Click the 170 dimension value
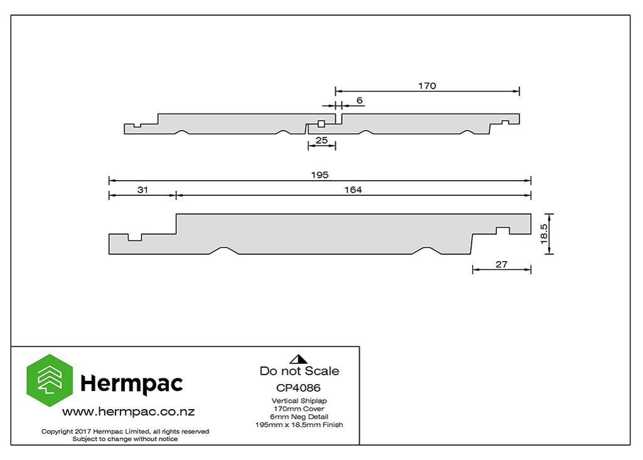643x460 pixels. click(427, 86)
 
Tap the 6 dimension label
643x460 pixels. click(360, 100)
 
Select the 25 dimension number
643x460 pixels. click(321, 140)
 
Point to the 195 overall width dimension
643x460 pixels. click(320, 175)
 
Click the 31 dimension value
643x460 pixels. click(143, 190)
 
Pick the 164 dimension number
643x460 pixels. click(353, 190)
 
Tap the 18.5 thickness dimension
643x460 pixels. click(544, 233)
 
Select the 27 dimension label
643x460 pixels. click(501, 264)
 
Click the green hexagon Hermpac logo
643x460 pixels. click(50, 380)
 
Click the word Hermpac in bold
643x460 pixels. click(132, 383)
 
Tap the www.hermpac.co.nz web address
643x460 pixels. click(128, 412)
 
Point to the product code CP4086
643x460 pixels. click(298, 388)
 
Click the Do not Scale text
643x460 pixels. click(300, 371)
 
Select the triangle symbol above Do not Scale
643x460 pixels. click(298, 360)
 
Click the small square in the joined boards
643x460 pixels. click(321, 124)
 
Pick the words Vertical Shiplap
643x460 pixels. click(299, 401)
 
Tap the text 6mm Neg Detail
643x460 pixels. click(299, 417)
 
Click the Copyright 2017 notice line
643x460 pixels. click(125, 431)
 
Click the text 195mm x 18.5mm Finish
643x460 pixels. click(299, 425)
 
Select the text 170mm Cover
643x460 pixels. click(298, 409)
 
